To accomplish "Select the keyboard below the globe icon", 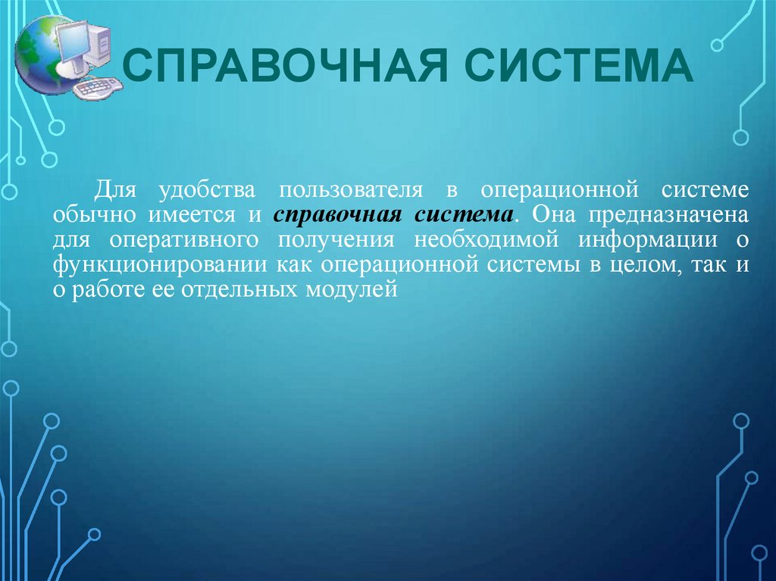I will (x=96, y=87).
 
